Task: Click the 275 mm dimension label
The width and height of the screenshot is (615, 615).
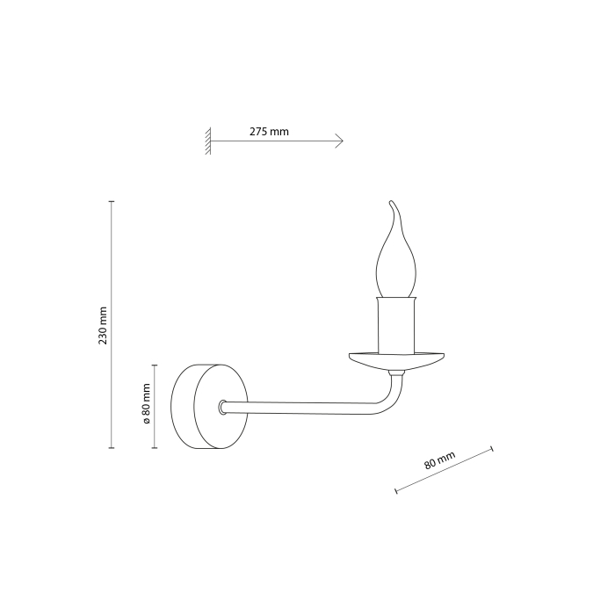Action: pos(269,132)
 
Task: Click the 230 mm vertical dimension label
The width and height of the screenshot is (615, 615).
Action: pos(102,325)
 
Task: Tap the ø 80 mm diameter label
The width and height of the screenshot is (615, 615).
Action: pos(147,406)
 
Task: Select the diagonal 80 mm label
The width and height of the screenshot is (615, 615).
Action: pos(439,462)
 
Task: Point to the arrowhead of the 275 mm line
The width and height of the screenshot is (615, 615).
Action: pos(340,141)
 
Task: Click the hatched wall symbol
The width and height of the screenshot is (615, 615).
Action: pos(208,141)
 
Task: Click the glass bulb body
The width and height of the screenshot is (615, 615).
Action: pos(394,268)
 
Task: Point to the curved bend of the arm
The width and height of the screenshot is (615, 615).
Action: pos(386,400)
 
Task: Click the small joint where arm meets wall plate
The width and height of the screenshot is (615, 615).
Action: pos(223,407)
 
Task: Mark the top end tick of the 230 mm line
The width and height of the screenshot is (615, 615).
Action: pos(112,202)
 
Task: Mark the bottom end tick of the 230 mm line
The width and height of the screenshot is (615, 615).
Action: pos(112,448)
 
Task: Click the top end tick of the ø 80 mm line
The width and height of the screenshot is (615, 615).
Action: pos(156,365)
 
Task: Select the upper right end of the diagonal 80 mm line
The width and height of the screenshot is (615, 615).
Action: pos(491,451)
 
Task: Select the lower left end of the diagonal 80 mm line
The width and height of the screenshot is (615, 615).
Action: pos(396,490)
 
